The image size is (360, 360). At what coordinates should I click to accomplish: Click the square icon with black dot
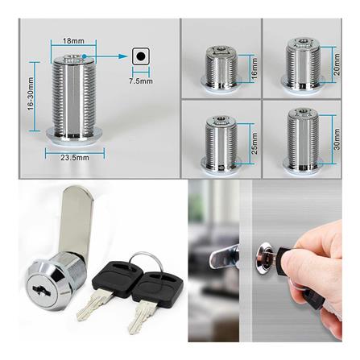tap(142, 56)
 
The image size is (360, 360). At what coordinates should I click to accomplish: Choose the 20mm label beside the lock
tap(336, 62)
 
